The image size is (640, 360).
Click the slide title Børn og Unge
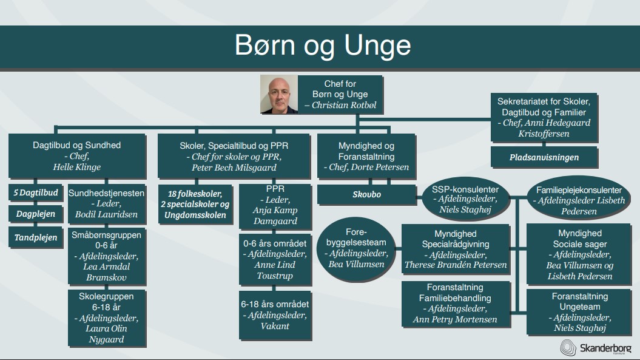point(323,46)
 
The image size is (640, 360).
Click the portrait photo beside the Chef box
point(279,94)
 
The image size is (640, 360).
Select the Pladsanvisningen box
point(544,157)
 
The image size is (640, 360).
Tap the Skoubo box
point(366,194)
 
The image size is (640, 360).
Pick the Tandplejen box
point(36,237)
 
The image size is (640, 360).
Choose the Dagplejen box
point(36,214)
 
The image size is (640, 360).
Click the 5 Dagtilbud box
point(36,192)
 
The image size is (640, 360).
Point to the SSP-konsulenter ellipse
point(465,200)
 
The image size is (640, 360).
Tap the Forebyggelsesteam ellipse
point(356,248)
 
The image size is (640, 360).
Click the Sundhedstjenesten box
point(106,203)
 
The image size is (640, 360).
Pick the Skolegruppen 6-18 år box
point(106,318)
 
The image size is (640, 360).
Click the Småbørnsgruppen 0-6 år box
point(106,256)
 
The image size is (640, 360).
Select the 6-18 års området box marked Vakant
point(275,315)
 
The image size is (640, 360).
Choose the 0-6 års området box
point(275,259)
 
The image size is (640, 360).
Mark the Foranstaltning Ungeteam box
point(579,312)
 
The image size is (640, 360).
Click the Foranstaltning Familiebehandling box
point(456,304)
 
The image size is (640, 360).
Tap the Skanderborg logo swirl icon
point(568,347)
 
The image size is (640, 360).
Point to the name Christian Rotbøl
point(344,105)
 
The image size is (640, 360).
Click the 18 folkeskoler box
point(195,204)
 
